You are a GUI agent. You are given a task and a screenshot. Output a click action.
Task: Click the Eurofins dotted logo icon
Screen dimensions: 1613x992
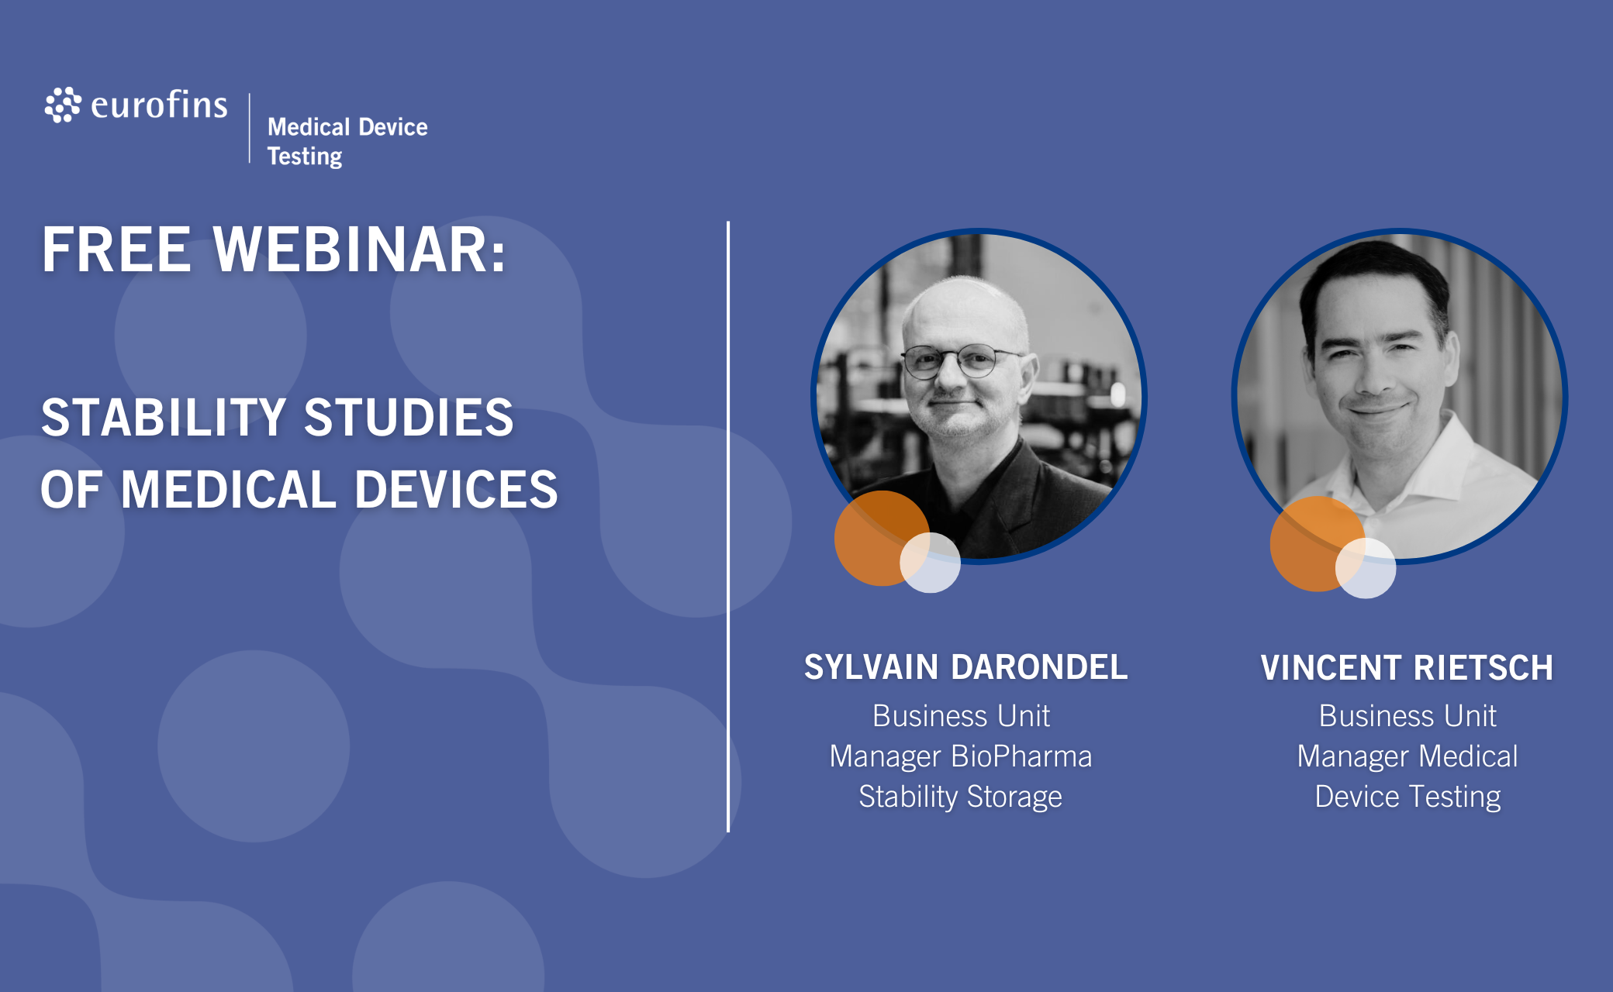pyautogui.click(x=63, y=105)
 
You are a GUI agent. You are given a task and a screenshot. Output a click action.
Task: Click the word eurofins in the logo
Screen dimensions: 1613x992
pyautogui.click(x=159, y=105)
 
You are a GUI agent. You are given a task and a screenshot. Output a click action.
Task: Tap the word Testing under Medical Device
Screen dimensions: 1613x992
pyautogui.click(x=305, y=157)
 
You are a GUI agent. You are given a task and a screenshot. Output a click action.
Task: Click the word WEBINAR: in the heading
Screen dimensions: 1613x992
pyautogui.click(x=360, y=250)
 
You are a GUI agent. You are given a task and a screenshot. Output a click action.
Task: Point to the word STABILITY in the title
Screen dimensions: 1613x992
pyautogui.click(x=164, y=417)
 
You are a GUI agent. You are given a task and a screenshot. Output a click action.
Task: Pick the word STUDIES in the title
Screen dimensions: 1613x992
pyautogui.click(x=409, y=417)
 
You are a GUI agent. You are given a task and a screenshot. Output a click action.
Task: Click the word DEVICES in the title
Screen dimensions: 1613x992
pyautogui.click(x=456, y=489)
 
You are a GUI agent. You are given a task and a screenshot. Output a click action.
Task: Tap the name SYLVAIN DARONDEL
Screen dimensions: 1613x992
pyautogui.click(x=965, y=667)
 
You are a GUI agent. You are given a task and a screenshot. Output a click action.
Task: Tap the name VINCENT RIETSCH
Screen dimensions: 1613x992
pyautogui.click(x=1407, y=668)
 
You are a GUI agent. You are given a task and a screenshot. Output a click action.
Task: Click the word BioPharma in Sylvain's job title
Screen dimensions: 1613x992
pyautogui.click(x=1021, y=756)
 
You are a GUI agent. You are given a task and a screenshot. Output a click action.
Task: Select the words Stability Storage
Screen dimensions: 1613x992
pyautogui.click(x=960, y=797)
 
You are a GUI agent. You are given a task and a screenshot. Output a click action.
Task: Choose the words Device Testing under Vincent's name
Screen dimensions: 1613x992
pyautogui.click(x=1407, y=797)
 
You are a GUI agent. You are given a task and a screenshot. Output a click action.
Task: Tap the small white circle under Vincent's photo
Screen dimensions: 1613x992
pyautogui.click(x=1366, y=568)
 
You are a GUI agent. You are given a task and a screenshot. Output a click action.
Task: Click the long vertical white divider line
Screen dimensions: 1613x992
pyautogui.click(x=728, y=527)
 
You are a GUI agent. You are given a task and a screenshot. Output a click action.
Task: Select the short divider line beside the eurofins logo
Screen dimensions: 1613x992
pyautogui.click(x=250, y=128)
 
